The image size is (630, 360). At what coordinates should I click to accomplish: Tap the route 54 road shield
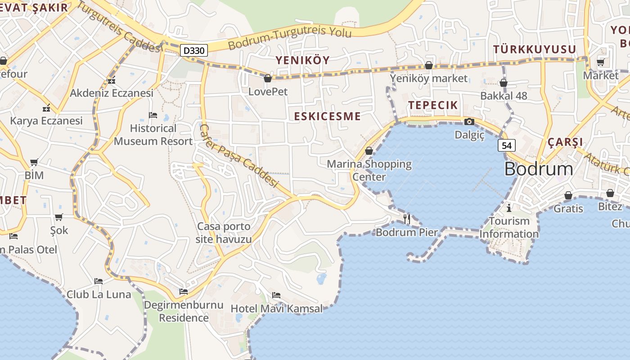click(x=507, y=145)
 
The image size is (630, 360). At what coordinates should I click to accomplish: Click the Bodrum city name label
click(x=539, y=169)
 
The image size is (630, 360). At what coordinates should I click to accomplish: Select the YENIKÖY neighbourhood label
click(x=302, y=60)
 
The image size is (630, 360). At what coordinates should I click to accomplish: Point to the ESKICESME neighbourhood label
click(x=327, y=116)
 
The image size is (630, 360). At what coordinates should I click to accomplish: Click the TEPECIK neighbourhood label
click(x=433, y=105)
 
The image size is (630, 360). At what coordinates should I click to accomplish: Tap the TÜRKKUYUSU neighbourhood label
click(x=535, y=49)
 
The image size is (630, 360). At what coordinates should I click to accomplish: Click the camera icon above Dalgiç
click(x=469, y=121)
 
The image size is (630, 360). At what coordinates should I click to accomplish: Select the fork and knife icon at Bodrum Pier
click(x=407, y=219)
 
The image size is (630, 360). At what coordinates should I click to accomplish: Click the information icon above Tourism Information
click(x=509, y=208)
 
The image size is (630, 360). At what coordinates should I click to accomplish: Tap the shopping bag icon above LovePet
click(x=268, y=78)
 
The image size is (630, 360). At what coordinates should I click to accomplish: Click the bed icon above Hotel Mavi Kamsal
click(x=276, y=295)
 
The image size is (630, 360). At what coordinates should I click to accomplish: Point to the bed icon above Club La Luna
click(x=99, y=281)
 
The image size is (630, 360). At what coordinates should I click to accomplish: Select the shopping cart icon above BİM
click(x=34, y=162)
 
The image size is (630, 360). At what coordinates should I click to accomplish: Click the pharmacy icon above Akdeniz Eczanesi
click(x=112, y=80)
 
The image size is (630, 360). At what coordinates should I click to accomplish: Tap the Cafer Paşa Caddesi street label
click(x=238, y=155)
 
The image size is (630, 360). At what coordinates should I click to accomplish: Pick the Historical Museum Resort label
click(x=153, y=135)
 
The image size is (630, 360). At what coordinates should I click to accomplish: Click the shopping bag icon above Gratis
click(x=568, y=195)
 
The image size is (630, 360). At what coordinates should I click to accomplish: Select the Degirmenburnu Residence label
click(x=184, y=311)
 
